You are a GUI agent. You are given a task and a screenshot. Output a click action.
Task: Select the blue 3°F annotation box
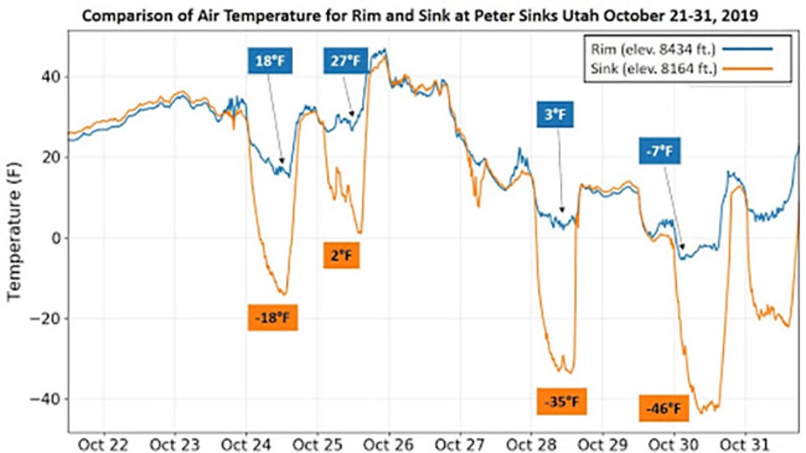point(556,115)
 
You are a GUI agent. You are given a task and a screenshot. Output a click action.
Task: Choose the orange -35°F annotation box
point(563,403)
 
